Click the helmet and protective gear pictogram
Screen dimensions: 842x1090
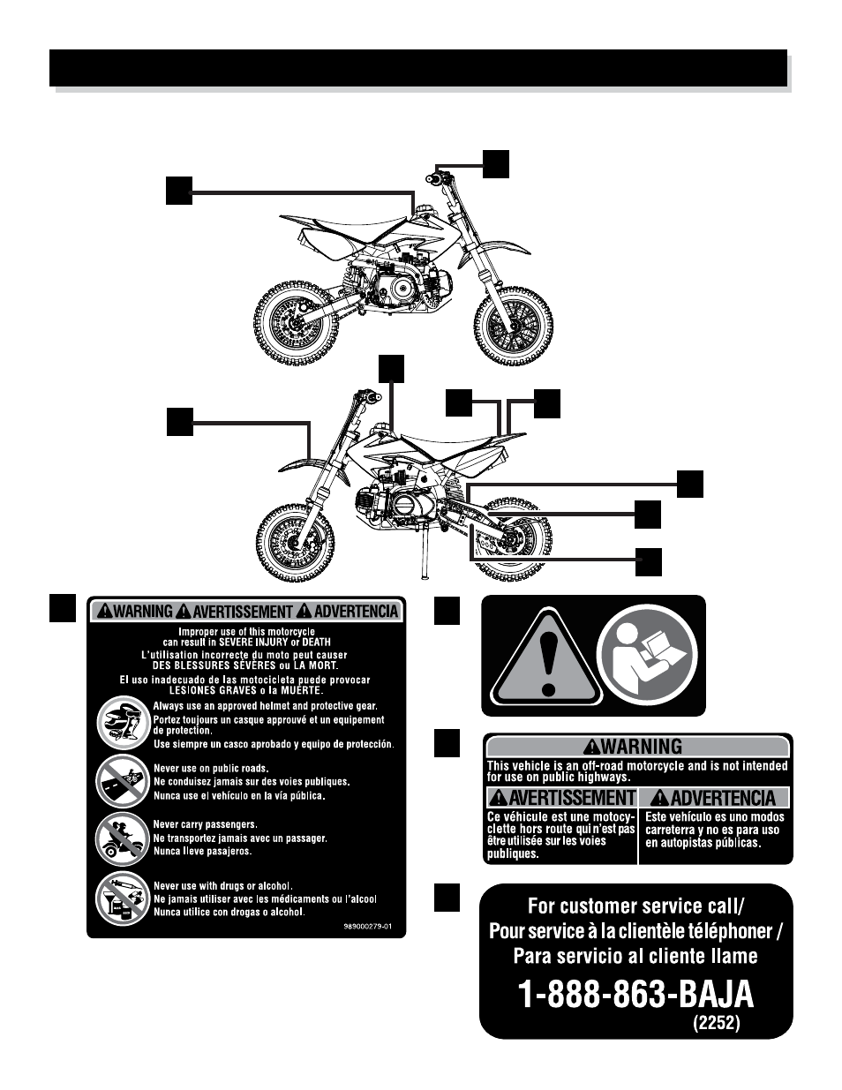[x=123, y=723]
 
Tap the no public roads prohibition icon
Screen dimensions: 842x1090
[x=123, y=781]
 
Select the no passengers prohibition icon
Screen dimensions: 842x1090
[x=123, y=838]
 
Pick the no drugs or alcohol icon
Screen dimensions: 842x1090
[x=123, y=898]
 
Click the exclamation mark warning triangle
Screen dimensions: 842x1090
[x=546, y=658]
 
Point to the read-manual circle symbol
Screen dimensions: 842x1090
[x=650, y=655]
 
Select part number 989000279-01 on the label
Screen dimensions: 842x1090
[x=367, y=926]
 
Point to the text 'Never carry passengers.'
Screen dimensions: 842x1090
[x=205, y=824]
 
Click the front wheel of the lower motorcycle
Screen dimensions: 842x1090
[x=296, y=542]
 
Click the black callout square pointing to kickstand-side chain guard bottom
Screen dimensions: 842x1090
[x=649, y=562]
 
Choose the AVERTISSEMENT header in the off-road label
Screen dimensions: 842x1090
[x=561, y=797]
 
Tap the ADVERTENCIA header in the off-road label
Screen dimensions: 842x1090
[x=714, y=797]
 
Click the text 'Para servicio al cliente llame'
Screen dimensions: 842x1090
[x=635, y=956]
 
